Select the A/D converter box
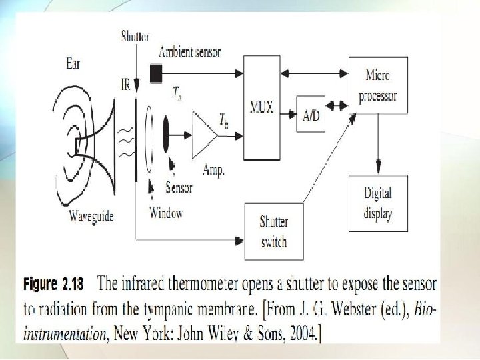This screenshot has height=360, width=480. (311, 115)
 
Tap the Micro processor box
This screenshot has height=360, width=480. (377, 86)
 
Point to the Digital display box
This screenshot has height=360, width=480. (377, 203)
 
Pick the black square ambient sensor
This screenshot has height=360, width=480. (156, 74)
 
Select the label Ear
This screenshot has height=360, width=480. (75, 65)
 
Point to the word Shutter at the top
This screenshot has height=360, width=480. (135, 37)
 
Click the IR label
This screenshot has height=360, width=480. (125, 85)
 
